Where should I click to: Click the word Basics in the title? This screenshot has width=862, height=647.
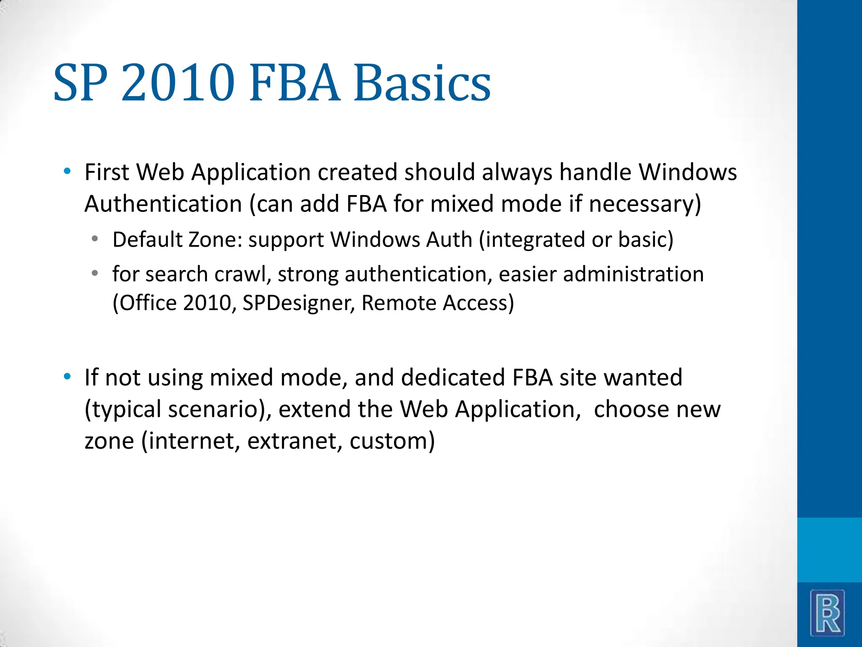point(422,83)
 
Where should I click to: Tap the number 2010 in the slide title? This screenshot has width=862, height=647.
point(178,83)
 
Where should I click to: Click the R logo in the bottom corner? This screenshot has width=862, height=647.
point(827,612)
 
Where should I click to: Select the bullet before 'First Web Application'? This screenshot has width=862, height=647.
point(67,171)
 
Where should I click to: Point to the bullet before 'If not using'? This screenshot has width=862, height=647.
point(67,376)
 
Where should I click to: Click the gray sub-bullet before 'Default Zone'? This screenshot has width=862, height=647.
point(95,239)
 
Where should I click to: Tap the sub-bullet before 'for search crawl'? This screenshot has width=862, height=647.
point(95,273)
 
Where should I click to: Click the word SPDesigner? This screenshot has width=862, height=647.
point(299,303)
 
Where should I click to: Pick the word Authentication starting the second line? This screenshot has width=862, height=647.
point(163,204)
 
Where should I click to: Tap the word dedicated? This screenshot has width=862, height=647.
point(452,377)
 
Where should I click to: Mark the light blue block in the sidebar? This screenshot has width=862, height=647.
point(829,550)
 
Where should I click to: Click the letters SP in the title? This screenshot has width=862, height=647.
point(80,83)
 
